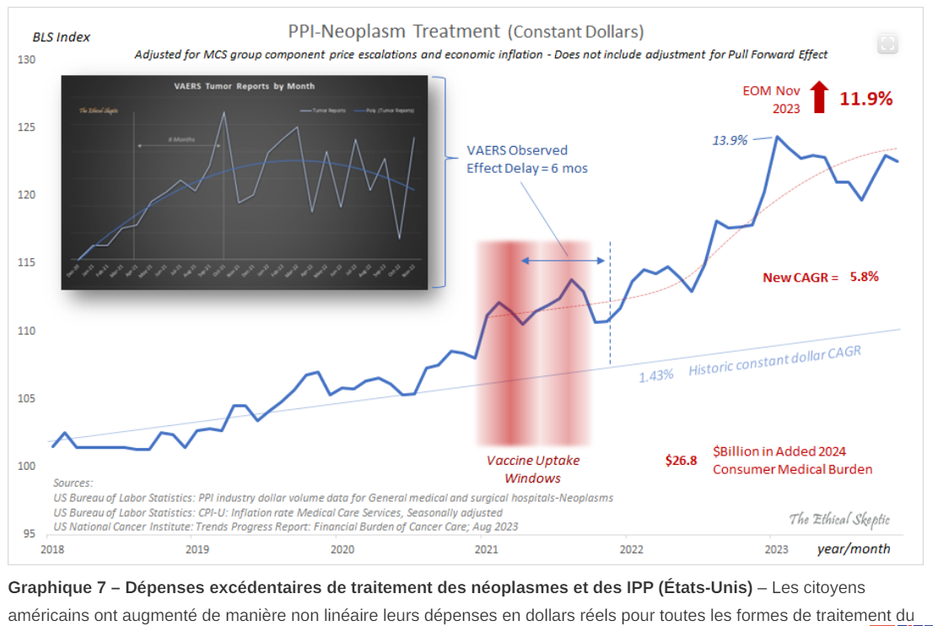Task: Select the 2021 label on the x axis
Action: click(486, 549)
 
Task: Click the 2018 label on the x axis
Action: click(52, 549)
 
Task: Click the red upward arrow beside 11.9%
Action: click(818, 97)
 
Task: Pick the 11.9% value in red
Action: click(865, 99)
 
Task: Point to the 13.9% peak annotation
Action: click(730, 140)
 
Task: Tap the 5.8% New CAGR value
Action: click(864, 276)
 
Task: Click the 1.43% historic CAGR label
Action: click(655, 375)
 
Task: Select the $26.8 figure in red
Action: click(681, 461)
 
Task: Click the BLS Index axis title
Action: click(62, 37)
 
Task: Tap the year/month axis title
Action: click(853, 549)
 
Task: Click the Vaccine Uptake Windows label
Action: click(533, 469)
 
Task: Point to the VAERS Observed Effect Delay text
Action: click(527, 159)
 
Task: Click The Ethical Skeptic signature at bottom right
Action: click(838, 519)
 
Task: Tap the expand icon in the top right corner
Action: click(887, 44)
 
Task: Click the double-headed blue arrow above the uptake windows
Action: click(562, 262)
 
